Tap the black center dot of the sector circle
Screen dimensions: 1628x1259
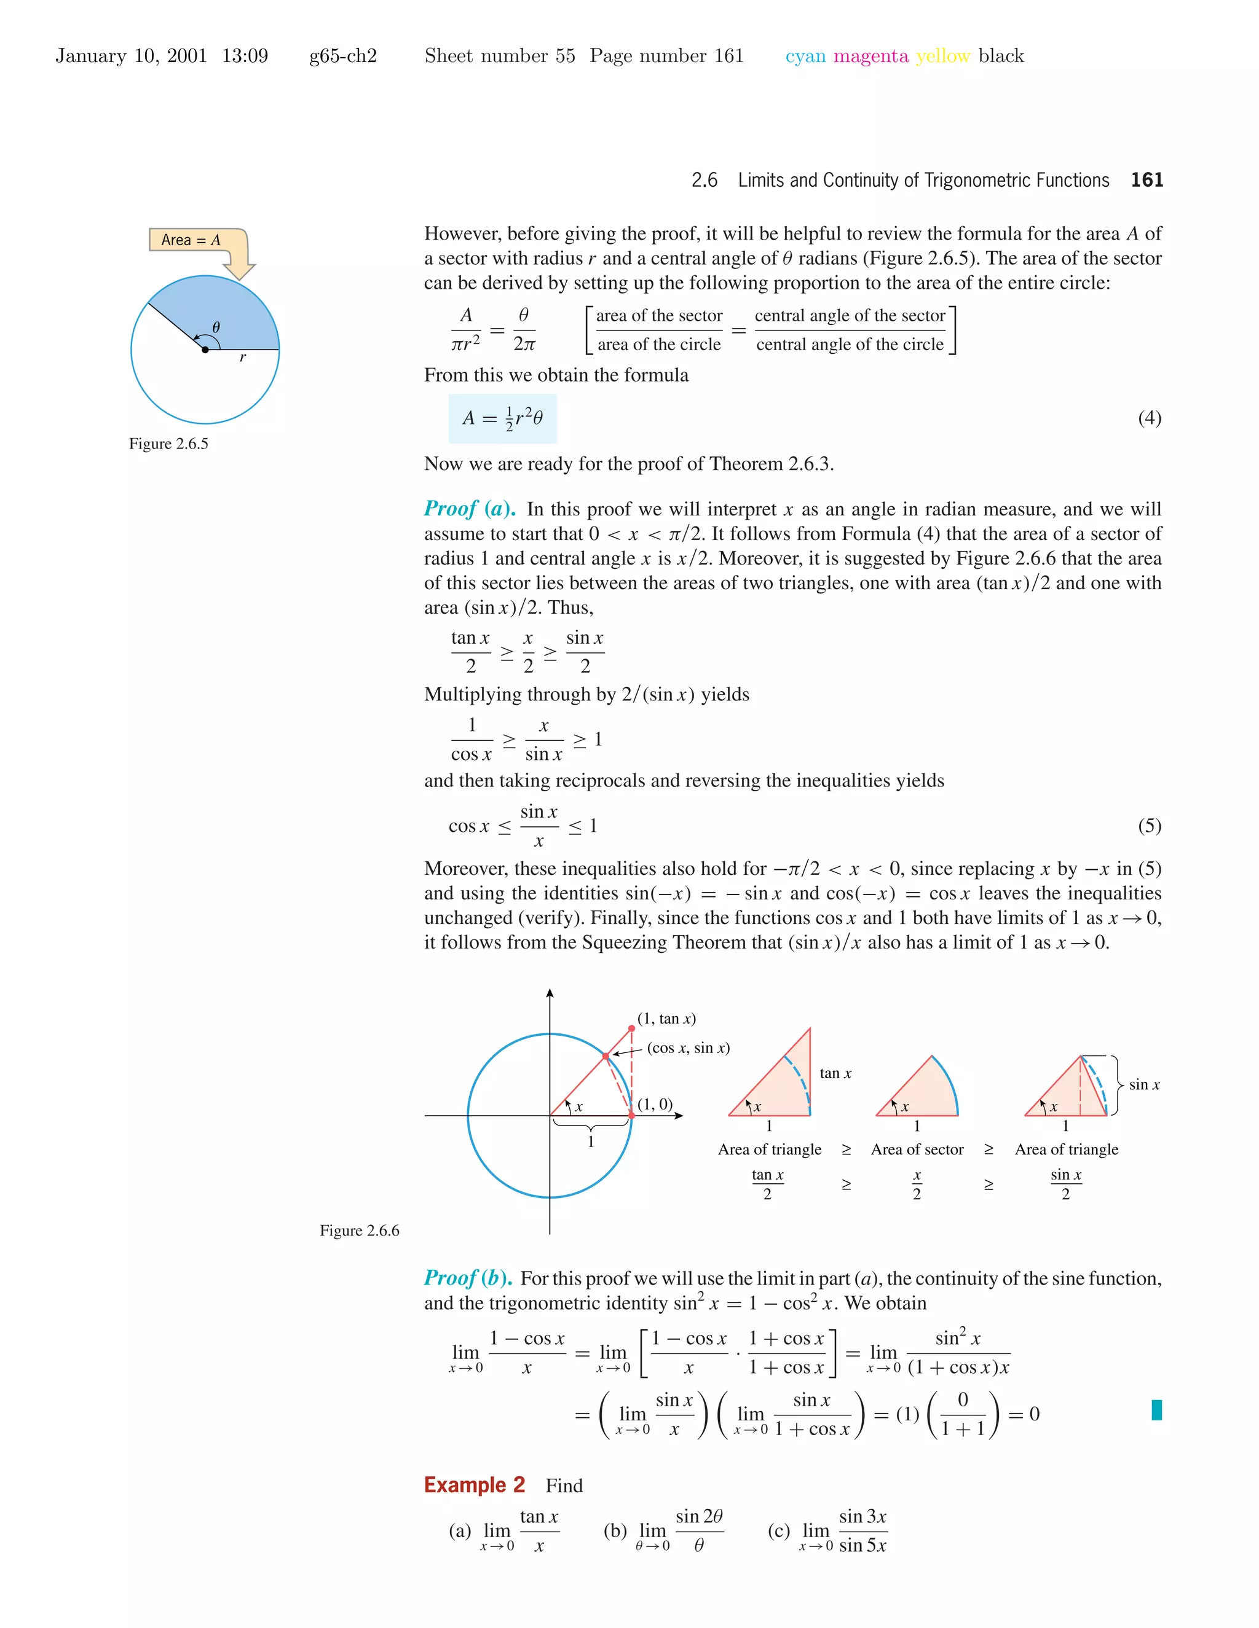(x=205, y=350)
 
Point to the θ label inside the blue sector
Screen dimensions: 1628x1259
(x=216, y=327)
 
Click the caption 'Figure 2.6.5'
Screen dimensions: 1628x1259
(x=168, y=444)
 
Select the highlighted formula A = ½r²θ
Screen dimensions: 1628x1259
(x=502, y=418)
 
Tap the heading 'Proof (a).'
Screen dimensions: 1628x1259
(x=469, y=509)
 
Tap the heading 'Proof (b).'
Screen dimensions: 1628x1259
(x=468, y=1278)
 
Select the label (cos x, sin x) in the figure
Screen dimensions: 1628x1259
(x=688, y=1048)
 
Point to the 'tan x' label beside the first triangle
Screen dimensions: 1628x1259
(x=835, y=1073)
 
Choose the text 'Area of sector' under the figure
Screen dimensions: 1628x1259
(x=917, y=1149)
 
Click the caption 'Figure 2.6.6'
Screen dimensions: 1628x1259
(x=360, y=1231)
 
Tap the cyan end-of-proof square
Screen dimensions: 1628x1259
(x=1156, y=1409)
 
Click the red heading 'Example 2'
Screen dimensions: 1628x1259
(x=475, y=1485)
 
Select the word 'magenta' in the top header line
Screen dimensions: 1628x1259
(x=870, y=56)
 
